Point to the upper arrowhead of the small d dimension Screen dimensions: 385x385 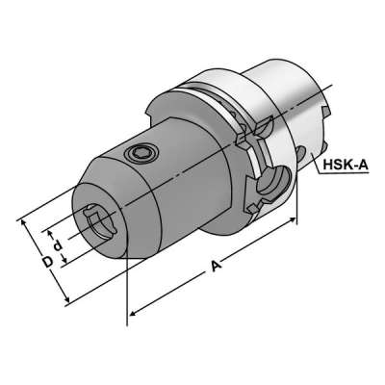point(49,232)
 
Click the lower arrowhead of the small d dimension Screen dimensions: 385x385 point(68,266)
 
